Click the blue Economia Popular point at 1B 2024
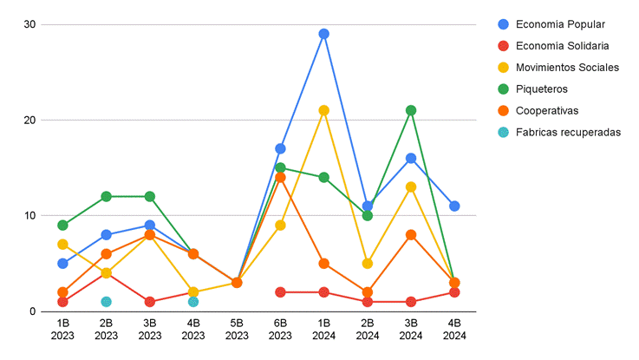point(323,34)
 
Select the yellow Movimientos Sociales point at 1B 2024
point(323,110)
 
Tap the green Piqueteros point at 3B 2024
point(411,110)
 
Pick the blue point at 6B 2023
point(280,148)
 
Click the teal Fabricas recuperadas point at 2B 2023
point(106,302)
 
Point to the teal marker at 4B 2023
point(193,302)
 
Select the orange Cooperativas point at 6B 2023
point(280,177)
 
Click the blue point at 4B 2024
point(454,206)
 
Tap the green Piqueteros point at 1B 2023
point(62,226)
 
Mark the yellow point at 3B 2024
point(411,187)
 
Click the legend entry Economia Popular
point(559,24)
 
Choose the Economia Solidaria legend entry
point(561,46)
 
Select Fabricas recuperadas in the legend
point(567,133)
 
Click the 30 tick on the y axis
point(29,24)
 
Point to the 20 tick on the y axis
point(29,120)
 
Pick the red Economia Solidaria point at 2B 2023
point(106,273)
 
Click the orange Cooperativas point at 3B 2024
point(411,234)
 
